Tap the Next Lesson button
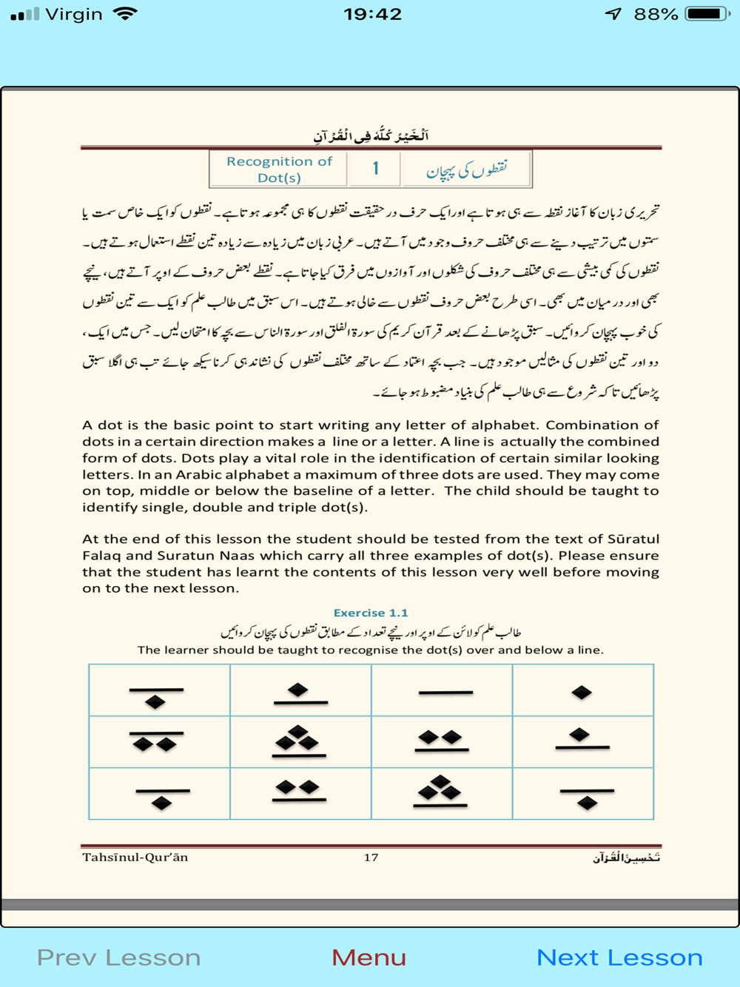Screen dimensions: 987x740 pyautogui.click(x=619, y=957)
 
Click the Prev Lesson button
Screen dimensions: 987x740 pyautogui.click(x=118, y=957)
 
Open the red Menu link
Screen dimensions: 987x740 pyautogui.click(x=369, y=957)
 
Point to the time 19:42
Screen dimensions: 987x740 pyautogui.click(x=372, y=14)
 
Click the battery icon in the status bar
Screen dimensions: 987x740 pyautogui.click(x=707, y=14)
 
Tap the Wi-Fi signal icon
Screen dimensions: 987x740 pyautogui.click(x=126, y=14)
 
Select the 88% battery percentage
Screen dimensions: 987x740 pyautogui.click(x=656, y=14)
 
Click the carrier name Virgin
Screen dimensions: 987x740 pyautogui.click(x=74, y=14)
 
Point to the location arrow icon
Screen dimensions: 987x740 pyautogui.click(x=613, y=14)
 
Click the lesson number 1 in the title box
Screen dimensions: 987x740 pyautogui.click(x=375, y=169)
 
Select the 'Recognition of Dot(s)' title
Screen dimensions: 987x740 pyautogui.click(x=279, y=169)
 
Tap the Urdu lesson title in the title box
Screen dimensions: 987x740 pyautogui.click(x=466, y=169)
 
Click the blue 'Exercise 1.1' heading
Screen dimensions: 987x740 pyautogui.click(x=370, y=613)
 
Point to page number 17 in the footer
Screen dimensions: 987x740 pyautogui.click(x=371, y=857)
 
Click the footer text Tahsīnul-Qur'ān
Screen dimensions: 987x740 pyautogui.click(x=135, y=857)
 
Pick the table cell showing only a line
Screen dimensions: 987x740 pyautogui.click(x=443, y=691)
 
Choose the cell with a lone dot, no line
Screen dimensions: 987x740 pyautogui.click(x=582, y=691)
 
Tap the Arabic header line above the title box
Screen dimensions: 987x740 pyautogui.click(x=370, y=135)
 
